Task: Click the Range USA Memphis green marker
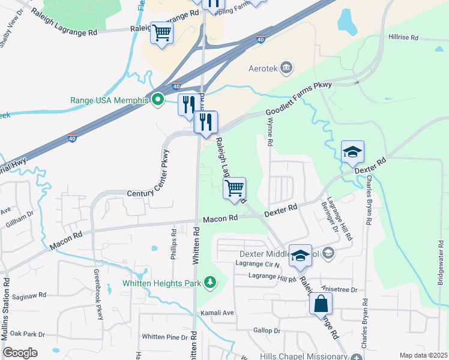coord(158,100)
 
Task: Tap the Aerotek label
coord(264,68)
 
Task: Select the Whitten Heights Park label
coord(162,282)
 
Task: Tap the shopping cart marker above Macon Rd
coord(235,187)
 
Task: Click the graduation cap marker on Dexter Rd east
coord(352,151)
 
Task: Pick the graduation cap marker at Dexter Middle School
coord(300,255)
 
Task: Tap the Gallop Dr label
coord(267,331)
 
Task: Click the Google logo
coord(20,352)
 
